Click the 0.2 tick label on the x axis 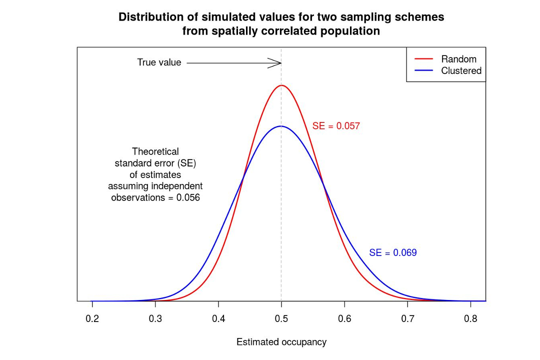tap(92, 318)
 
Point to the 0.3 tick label tap(155, 318)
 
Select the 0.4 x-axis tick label tap(218, 318)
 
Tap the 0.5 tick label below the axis tap(281, 318)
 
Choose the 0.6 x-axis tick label tap(344, 318)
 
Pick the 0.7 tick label tap(407, 318)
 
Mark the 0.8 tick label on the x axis tap(470, 318)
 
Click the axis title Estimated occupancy tap(281, 342)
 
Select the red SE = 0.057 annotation tap(336, 126)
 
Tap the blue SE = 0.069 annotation tap(393, 253)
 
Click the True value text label tap(159, 63)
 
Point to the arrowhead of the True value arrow tap(279, 63)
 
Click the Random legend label tap(458, 59)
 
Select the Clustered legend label tap(461, 71)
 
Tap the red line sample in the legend tap(423, 59)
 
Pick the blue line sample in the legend tap(423, 71)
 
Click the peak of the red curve tap(281, 85)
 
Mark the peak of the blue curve tap(281, 126)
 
